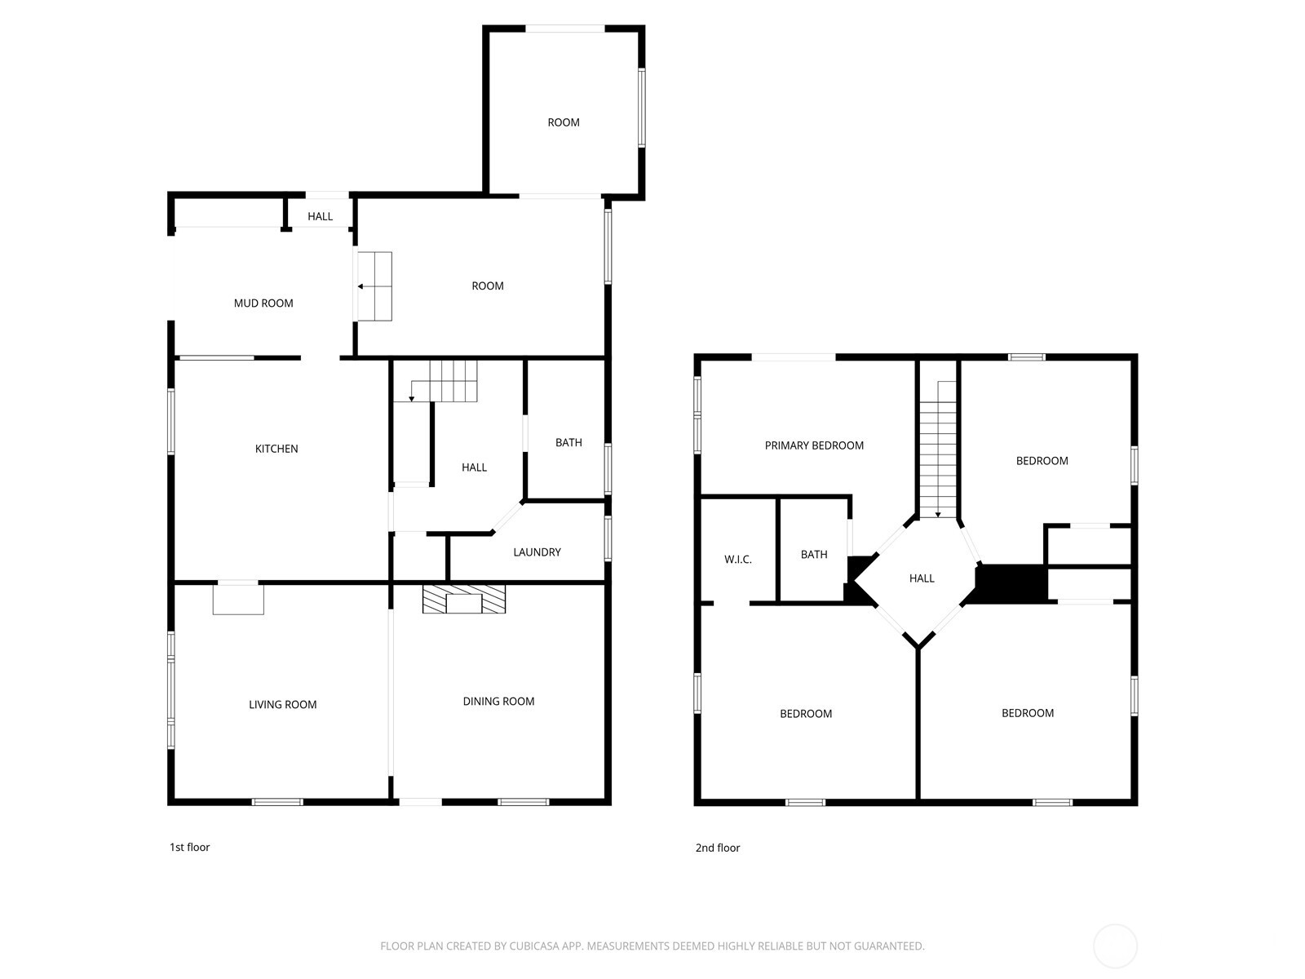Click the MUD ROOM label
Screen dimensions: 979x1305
[x=263, y=303]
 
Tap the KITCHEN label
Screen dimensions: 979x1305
[x=276, y=449]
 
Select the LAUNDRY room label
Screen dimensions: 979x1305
[x=537, y=552]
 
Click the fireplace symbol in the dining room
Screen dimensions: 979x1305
[x=464, y=600]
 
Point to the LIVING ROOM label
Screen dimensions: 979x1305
[x=282, y=705]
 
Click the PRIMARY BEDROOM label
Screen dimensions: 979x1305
[x=814, y=445]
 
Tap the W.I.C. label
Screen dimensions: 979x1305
[x=738, y=560]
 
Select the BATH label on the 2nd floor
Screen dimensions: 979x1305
[x=814, y=555]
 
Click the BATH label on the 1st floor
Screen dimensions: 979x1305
[x=568, y=443]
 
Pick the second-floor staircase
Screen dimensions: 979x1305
[x=938, y=449]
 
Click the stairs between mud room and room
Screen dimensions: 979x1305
[x=375, y=286]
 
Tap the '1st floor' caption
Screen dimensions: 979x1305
[x=190, y=848]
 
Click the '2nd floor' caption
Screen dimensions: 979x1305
[x=718, y=848]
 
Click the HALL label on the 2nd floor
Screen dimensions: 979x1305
[x=922, y=578]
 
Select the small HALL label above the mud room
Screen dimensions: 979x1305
[x=321, y=217]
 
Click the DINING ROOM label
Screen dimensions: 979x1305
[x=498, y=702]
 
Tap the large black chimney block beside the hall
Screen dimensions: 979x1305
[x=1011, y=583]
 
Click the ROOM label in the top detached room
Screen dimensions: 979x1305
[x=564, y=123]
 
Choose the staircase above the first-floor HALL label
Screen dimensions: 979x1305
[x=445, y=381]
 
